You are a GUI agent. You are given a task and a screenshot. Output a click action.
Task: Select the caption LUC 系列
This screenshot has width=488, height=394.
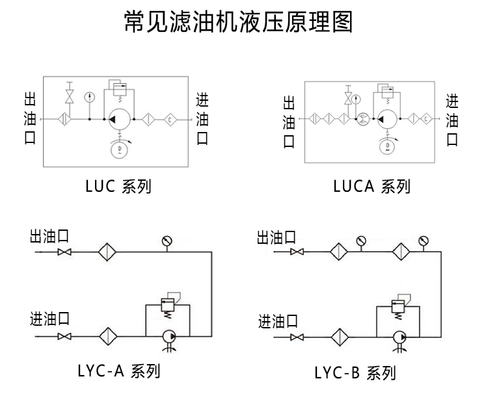click(118, 187)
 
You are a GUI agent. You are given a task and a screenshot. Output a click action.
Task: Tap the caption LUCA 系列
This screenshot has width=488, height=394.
click(372, 187)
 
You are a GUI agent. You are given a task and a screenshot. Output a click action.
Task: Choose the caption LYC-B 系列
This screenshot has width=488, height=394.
click(355, 373)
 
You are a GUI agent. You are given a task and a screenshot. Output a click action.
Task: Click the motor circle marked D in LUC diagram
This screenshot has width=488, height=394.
click(118, 150)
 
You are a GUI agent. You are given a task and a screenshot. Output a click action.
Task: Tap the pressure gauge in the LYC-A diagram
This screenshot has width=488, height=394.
click(167, 242)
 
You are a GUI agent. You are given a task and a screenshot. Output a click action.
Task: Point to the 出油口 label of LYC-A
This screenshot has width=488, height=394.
click(49, 235)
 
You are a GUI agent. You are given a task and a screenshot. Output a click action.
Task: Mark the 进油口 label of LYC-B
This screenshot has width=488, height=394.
click(278, 321)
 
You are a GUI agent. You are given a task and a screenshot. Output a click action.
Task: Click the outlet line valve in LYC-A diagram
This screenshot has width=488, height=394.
click(64, 252)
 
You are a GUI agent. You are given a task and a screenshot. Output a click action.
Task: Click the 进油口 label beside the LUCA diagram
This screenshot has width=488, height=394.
click(452, 120)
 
